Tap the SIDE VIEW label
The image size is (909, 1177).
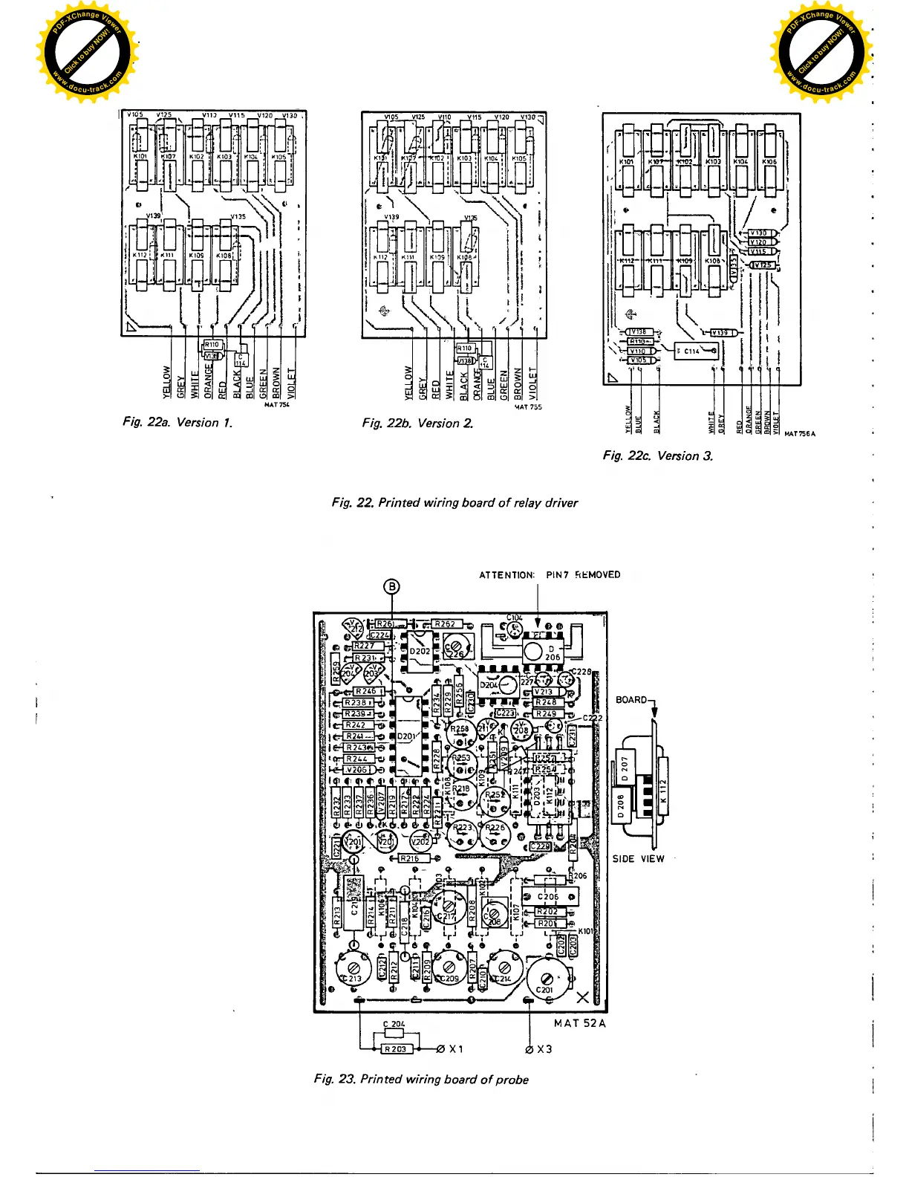(x=638, y=859)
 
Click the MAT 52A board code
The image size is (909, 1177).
(x=579, y=1023)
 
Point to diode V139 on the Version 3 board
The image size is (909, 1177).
(x=721, y=332)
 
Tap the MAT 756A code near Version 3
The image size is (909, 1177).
(x=799, y=434)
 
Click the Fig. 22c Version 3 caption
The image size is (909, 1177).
(x=657, y=455)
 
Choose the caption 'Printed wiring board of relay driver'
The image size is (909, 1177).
(x=454, y=503)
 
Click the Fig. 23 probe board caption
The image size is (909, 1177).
(x=421, y=1079)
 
